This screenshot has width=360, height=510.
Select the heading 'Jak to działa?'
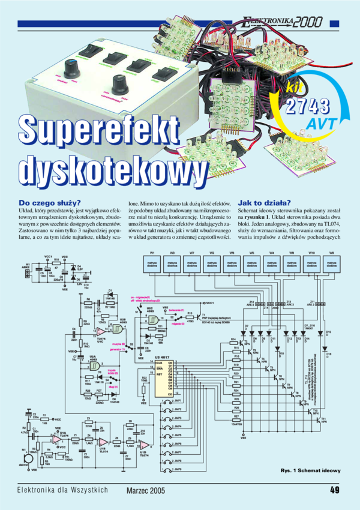coord(265,202)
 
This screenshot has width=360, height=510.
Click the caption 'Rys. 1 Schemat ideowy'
coord(310,470)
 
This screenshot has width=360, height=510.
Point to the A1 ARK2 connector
coord(26,274)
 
